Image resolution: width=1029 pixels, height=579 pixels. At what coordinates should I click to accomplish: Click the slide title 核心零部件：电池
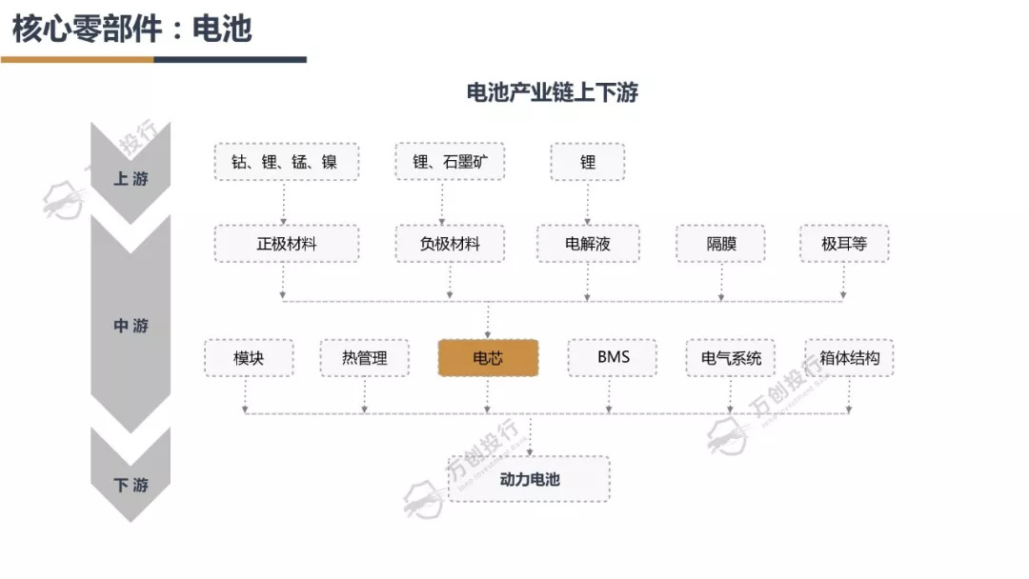click(131, 29)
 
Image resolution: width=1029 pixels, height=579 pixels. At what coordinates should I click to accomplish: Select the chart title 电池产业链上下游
click(552, 92)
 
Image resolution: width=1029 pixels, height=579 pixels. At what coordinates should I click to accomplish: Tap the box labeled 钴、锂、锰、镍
click(284, 162)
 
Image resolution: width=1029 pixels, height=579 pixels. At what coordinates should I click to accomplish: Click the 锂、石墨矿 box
click(450, 162)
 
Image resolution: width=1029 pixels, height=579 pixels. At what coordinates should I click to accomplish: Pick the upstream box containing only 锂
click(588, 162)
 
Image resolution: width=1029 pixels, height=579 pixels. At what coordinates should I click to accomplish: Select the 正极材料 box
click(286, 244)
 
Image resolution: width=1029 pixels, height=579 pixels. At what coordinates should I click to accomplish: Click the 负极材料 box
click(450, 244)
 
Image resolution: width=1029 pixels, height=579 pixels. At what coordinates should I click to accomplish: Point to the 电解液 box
click(588, 244)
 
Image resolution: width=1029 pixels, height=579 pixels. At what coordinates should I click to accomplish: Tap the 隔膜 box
click(721, 244)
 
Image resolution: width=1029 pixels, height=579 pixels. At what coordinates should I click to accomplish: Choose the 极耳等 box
click(844, 244)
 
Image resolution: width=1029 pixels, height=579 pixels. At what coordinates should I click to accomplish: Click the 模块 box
click(249, 358)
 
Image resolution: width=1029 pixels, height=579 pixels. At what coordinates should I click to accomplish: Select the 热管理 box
click(365, 358)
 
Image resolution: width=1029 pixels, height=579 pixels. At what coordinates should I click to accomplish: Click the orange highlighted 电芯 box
click(488, 358)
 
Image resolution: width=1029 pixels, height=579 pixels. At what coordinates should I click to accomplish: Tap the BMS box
click(614, 358)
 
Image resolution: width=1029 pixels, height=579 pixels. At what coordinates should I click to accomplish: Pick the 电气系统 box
click(731, 358)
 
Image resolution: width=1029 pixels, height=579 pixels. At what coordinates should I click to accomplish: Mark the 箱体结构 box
click(849, 358)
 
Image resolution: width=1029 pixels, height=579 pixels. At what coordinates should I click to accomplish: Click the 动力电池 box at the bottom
click(529, 479)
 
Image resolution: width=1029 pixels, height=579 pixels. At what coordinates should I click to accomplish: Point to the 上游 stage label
click(131, 178)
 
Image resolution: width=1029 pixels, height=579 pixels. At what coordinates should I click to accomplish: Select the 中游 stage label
click(131, 326)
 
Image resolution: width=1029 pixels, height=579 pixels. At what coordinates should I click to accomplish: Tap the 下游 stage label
click(131, 485)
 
